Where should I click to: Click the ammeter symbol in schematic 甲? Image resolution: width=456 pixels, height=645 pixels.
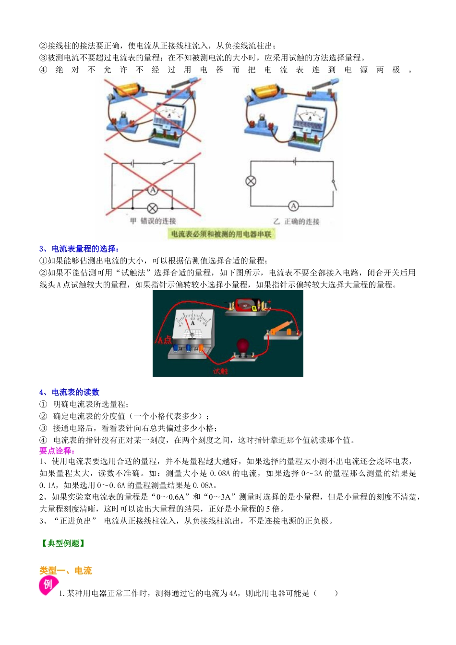(x=153, y=191)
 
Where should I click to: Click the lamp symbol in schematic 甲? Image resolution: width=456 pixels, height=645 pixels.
(x=153, y=208)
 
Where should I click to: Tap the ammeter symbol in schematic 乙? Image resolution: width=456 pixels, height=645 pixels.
(x=293, y=206)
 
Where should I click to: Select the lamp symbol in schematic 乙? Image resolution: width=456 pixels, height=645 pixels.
(x=251, y=181)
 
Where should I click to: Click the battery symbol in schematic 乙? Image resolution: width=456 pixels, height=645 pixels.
(x=294, y=162)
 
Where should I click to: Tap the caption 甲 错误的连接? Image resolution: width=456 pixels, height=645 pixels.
(x=153, y=221)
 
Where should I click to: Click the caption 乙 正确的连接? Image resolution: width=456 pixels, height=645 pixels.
(x=296, y=222)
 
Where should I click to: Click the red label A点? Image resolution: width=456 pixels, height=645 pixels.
(x=164, y=340)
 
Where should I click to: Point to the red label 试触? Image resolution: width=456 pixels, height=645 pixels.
(x=220, y=371)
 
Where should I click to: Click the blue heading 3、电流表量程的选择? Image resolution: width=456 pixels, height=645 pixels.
(x=79, y=249)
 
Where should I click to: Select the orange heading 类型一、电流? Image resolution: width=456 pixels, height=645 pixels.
(x=65, y=571)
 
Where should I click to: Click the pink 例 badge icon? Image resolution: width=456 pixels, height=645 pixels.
(x=48, y=585)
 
